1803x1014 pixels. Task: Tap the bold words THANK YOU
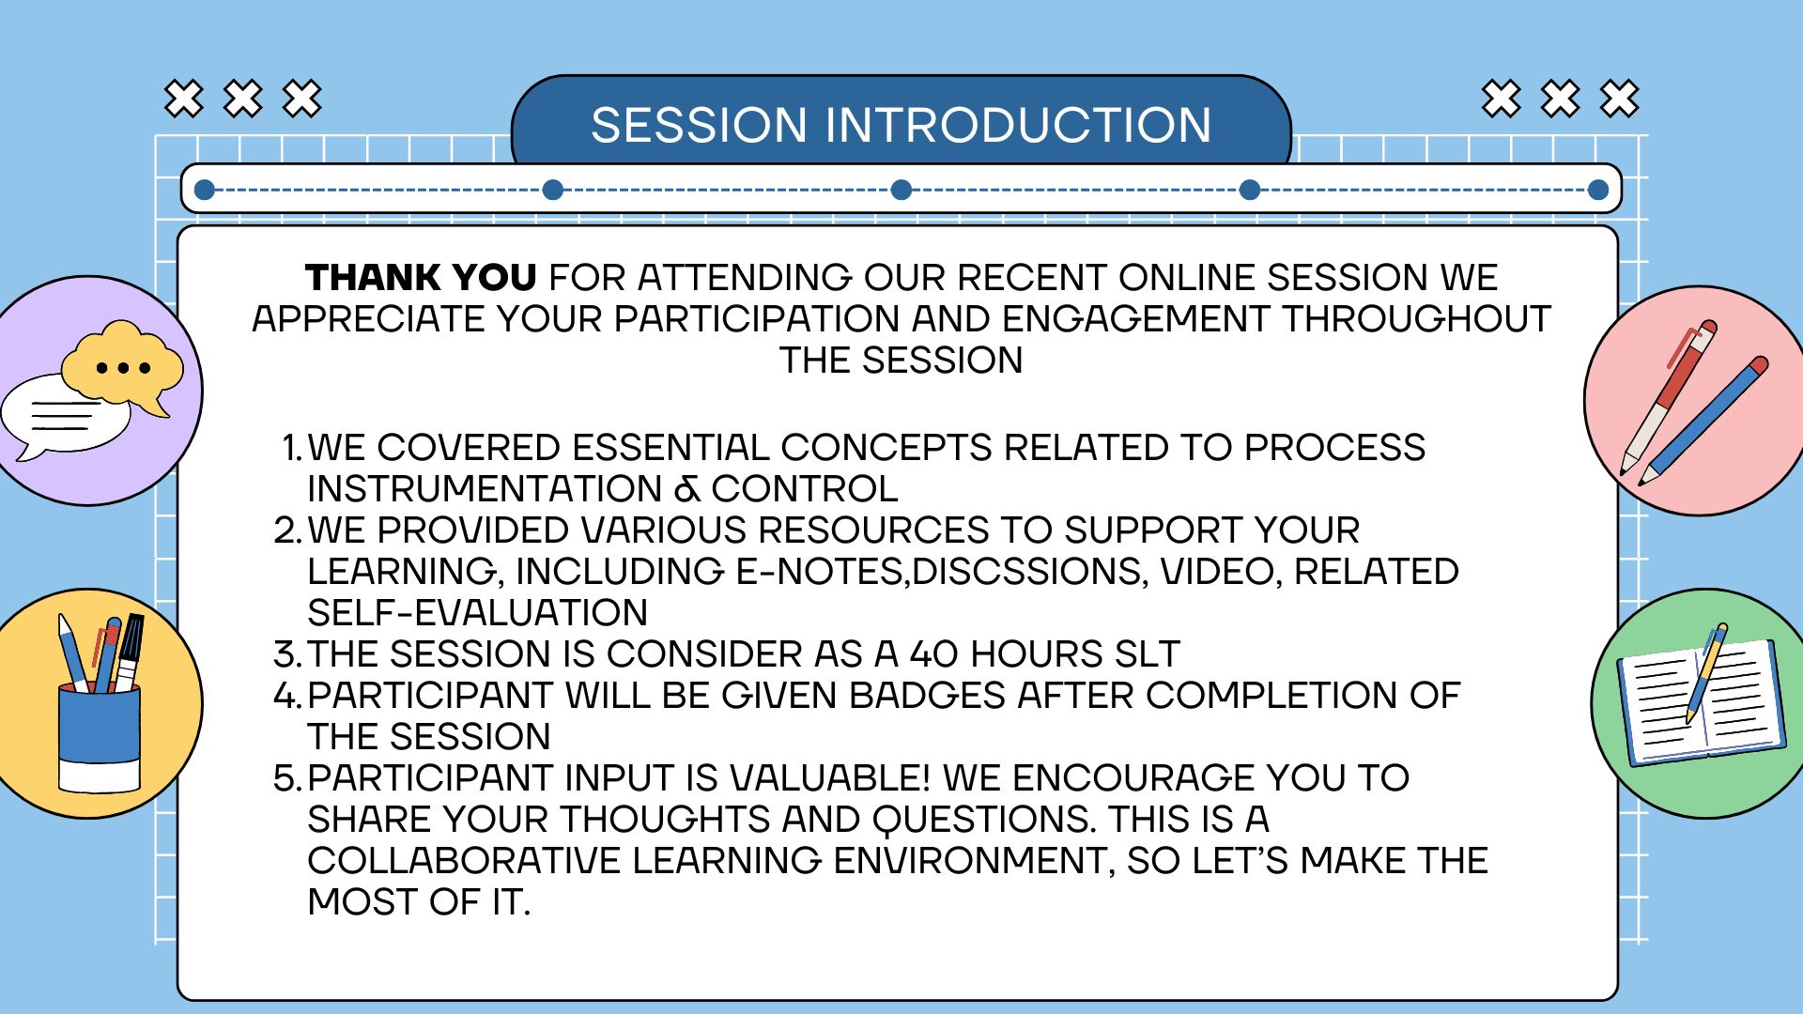click(421, 278)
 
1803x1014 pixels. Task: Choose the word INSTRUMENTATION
click(485, 489)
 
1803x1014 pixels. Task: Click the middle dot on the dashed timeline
click(901, 190)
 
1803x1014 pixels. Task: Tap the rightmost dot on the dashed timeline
click(1598, 190)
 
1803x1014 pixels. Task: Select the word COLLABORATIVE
click(464, 861)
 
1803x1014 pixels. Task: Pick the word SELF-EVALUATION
click(477, 613)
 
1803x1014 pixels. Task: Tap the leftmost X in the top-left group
click(184, 99)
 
